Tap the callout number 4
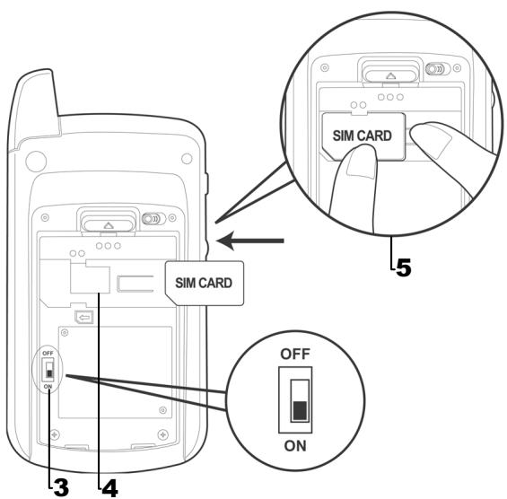click(109, 486)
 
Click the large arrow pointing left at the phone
click(255, 241)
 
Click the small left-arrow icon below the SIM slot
click(83, 317)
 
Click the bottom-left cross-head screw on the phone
click(57, 434)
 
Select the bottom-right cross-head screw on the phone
click(162, 434)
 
